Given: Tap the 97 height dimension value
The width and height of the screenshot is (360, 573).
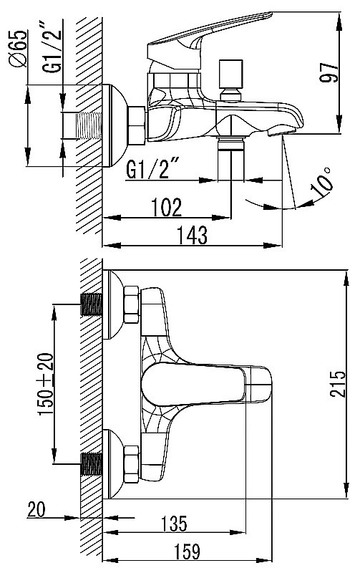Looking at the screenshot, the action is [x=329, y=72].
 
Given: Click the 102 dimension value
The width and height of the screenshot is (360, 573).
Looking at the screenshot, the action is [x=167, y=208].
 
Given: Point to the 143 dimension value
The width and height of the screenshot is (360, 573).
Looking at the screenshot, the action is [x=192, y=235].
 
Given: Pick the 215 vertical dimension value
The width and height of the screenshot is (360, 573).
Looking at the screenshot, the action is [x=337, y=384].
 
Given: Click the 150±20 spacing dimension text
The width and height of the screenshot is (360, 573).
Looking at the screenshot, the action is [x=46, y=384].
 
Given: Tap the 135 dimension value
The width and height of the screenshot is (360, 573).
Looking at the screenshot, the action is [x=174, y=524].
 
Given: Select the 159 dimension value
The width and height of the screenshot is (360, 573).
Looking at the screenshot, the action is [x=187, y=552].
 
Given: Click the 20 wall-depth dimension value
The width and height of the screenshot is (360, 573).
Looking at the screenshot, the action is [x=37, y=509].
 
